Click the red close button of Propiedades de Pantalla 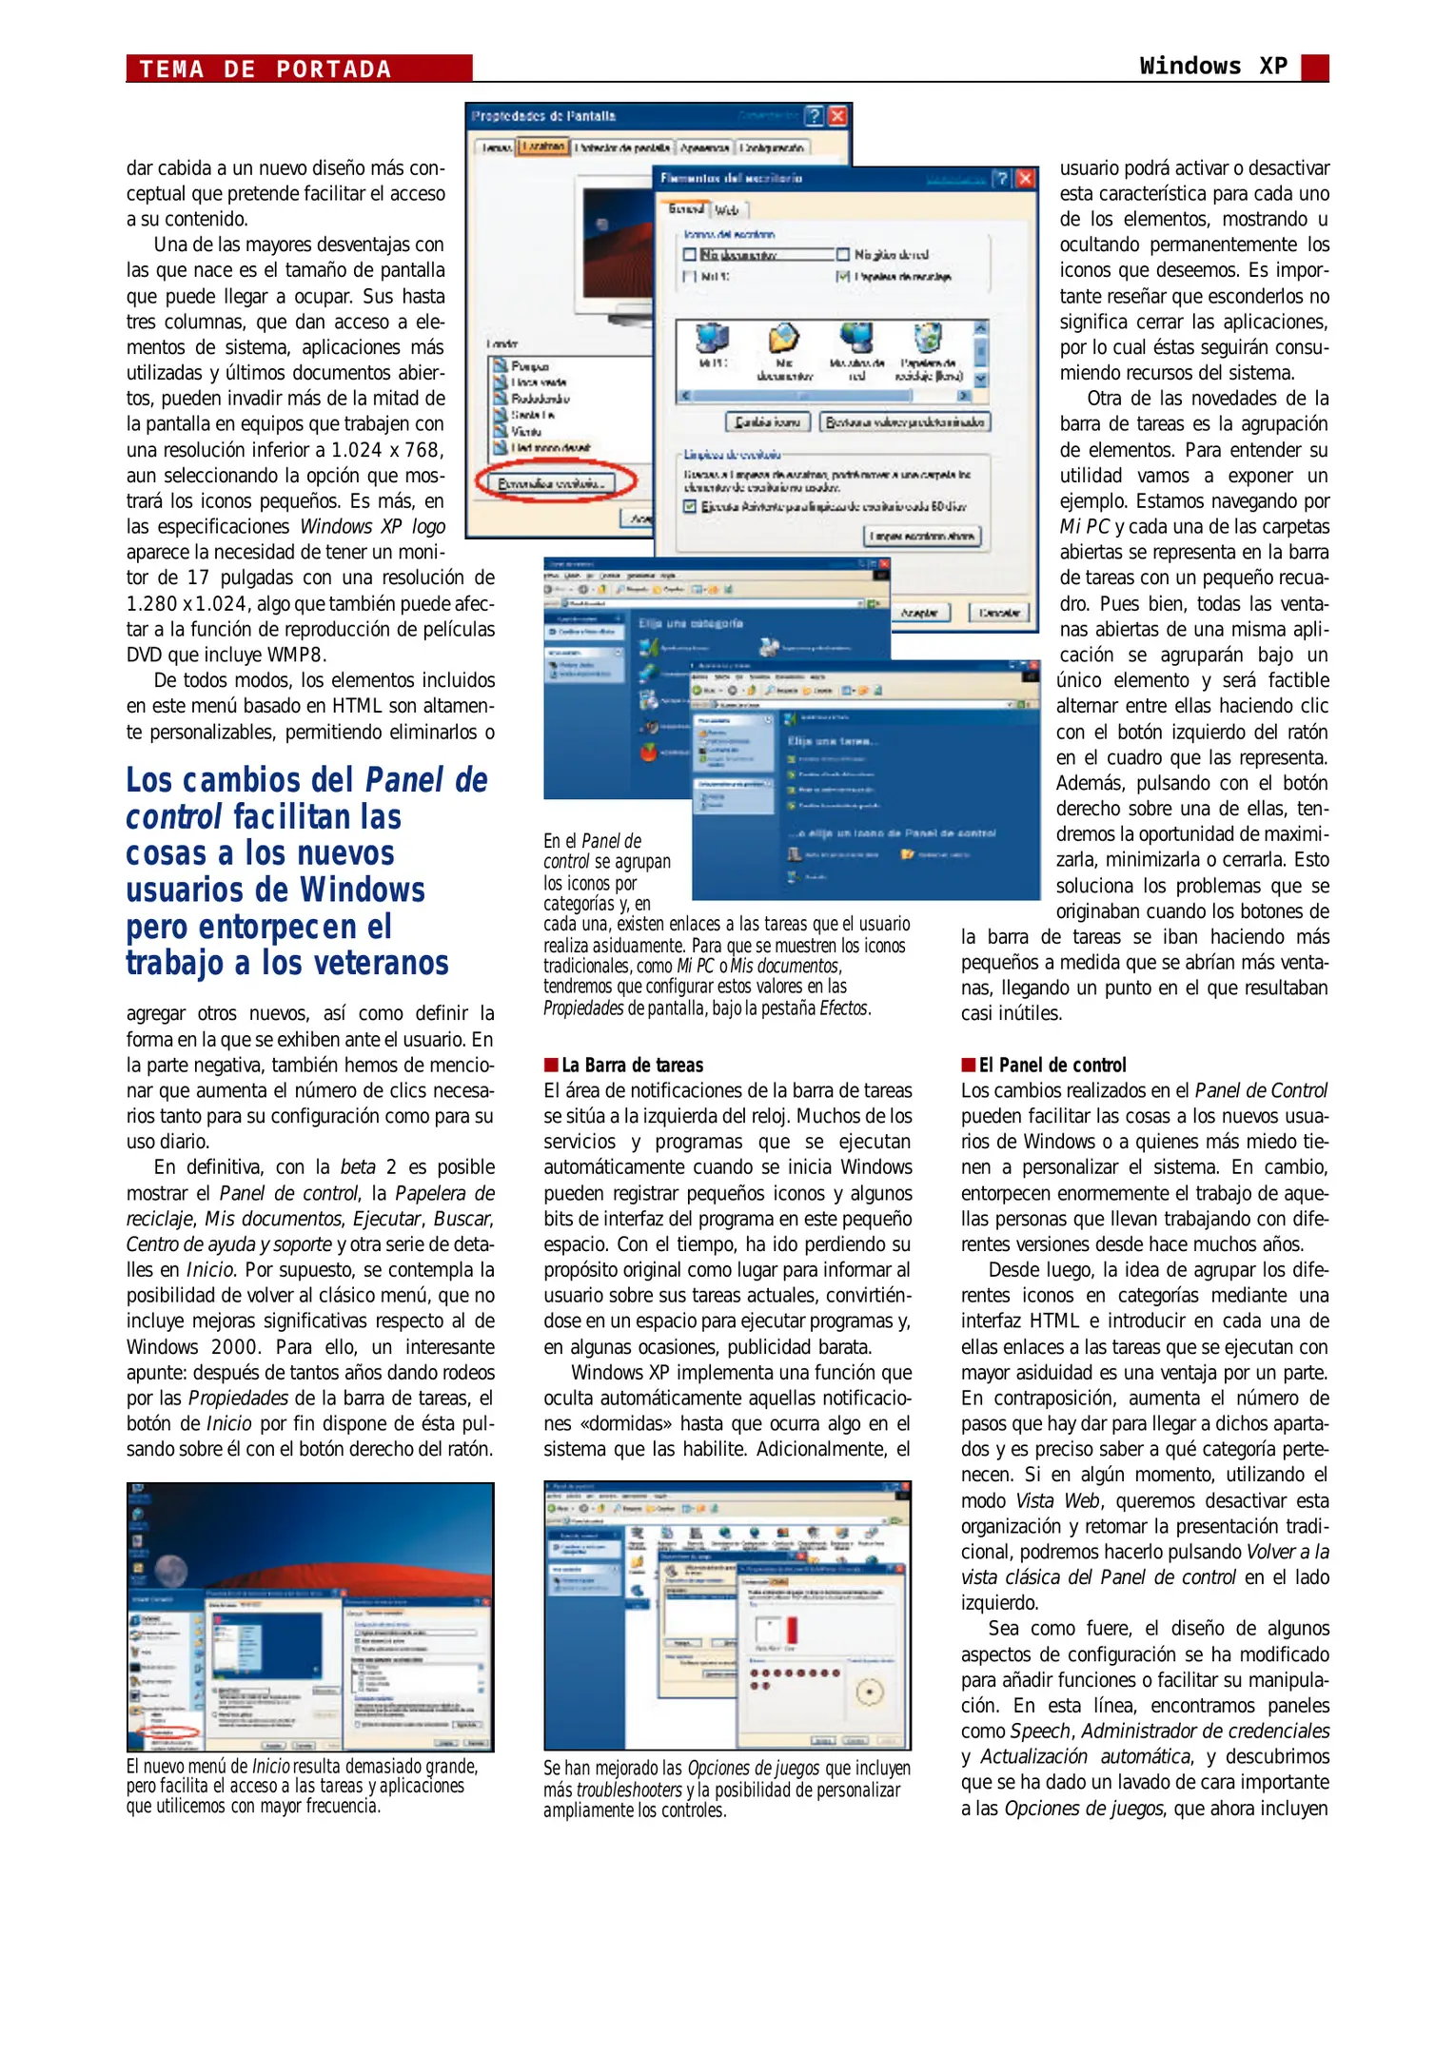point(837,116)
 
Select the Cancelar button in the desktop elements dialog point(999,613)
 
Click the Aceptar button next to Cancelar point(919,613)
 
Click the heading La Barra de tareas point(632,1065)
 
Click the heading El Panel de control point(1052,1065)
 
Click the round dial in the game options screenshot point(870,1692)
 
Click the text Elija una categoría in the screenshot point(690,623)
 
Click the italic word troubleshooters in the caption point(628,1790)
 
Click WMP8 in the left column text point(296,655)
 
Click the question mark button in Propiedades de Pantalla point(814,116)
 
